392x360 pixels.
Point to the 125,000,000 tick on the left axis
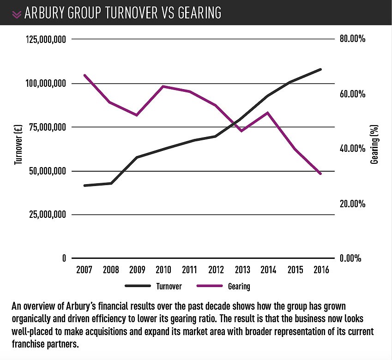click(x=45, y=40)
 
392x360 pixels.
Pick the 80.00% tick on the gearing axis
click(x=352, y=40)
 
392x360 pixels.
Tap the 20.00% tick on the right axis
click(x=352, y=204)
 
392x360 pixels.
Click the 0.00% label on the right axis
click(x=350, y=258)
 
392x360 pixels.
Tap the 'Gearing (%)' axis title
click(x=375, y=144)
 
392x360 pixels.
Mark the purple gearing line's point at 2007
click(x=84, y=75)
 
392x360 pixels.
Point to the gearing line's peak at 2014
click(x=268, y=113)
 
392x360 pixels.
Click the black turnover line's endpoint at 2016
click(x=320, y=69)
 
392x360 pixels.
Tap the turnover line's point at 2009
click(x=137, y=157)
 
